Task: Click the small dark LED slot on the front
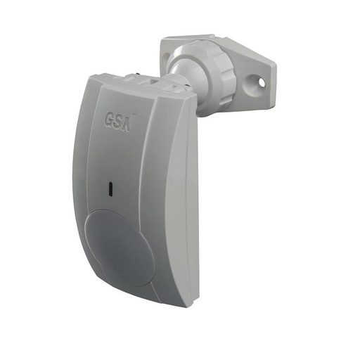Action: (x=111, y=188)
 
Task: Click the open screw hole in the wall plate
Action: (x=262, y=82)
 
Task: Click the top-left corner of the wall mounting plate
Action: (x=163, y=39)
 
